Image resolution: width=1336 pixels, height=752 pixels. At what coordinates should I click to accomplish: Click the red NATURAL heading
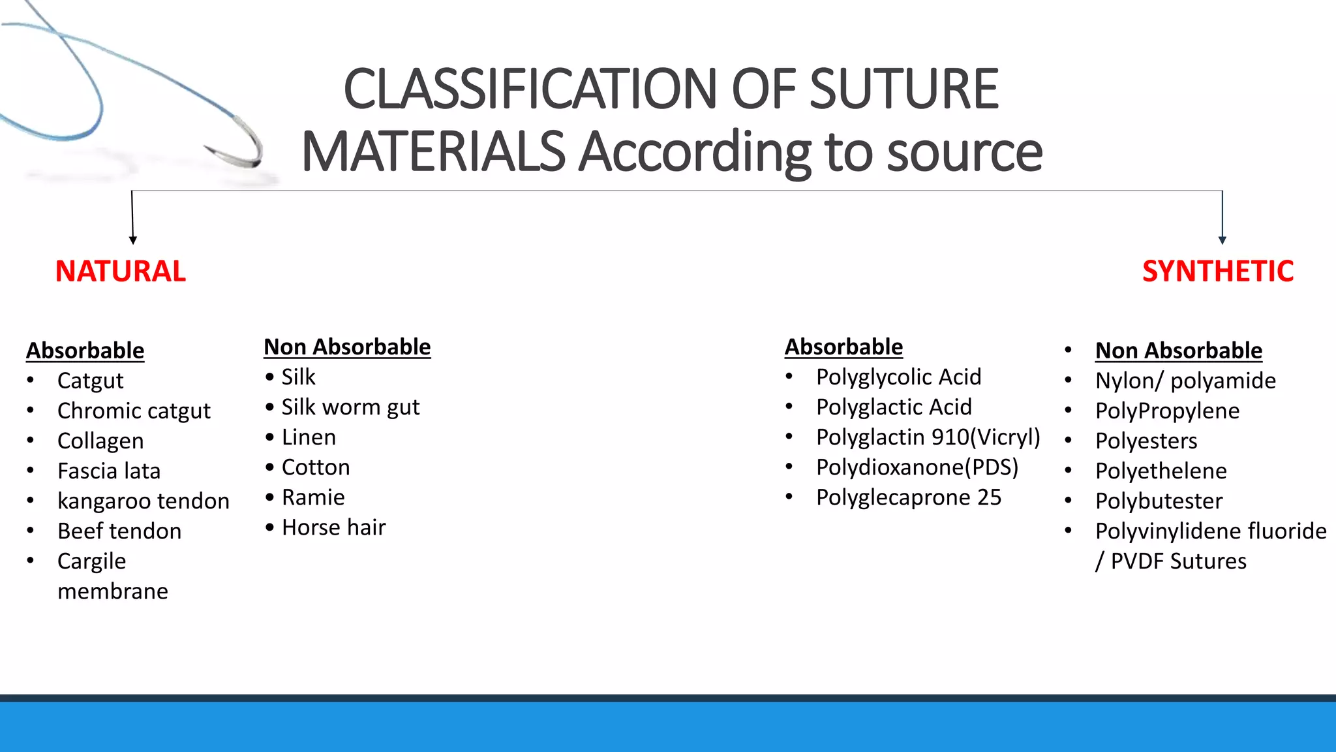pyautogui.click(x=121, y=272)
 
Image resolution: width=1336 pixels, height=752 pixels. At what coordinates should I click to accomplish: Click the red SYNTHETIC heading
pyautogui.click(x=1217, y=272)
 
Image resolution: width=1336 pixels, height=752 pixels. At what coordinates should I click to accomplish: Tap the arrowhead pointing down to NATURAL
pyautogui.click(x=133, y=240)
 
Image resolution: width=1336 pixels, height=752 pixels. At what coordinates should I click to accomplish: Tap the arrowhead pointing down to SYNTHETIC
pyautogui.click(x=1222, y=240)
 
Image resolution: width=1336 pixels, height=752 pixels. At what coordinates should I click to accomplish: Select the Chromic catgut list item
pyautogui.click(x=134, y=411)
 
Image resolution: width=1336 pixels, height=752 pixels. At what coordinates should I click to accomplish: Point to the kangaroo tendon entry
pyautogui.click(x=144, y=501)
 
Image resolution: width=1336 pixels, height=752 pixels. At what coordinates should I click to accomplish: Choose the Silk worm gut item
pyautogui.click(x=350, y=407)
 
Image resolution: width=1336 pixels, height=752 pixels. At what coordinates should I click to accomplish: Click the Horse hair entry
pyautogui.click(x=333, y=527)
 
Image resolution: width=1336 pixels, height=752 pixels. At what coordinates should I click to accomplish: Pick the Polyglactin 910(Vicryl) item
pyautogui.click(x=928, y=437)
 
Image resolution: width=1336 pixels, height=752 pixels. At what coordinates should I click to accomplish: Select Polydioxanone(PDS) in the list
pyautogui.click(x=917, y=467)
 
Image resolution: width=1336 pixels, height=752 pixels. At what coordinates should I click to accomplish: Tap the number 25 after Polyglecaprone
pyautogui.click(x=989, y=497)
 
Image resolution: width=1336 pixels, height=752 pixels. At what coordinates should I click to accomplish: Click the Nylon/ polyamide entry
pyautogui.click(x=1185, y=381)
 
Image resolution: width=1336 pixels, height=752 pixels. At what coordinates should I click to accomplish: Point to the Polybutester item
pyautogui.click(x=1159, y=501)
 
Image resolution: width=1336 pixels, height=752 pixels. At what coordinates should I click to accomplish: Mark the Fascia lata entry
pyautogui.click(x=109, y=471)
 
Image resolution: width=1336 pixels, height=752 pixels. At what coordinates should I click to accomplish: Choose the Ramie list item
pyautogui.click(x=313, y=497)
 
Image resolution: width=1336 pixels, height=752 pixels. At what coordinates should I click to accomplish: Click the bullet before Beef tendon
pyautogui.click(x=31, y=531)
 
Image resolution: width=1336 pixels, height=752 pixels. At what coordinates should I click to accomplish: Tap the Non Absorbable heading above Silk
pyautogui.click(x=347, y=347)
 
